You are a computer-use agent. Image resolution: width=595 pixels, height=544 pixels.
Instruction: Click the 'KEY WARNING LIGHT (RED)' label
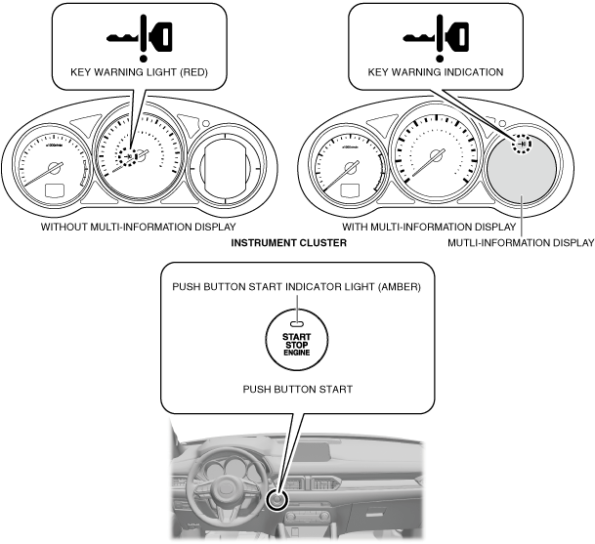point(138,71)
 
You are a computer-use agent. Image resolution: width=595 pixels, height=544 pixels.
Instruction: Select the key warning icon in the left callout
point(138,35)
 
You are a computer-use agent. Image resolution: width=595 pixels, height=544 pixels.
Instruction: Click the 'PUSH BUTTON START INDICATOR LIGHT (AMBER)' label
point(296,287)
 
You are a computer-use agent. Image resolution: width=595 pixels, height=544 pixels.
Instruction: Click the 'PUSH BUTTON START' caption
point(296,389)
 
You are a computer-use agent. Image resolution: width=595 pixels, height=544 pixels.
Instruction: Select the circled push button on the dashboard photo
point(278,501)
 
